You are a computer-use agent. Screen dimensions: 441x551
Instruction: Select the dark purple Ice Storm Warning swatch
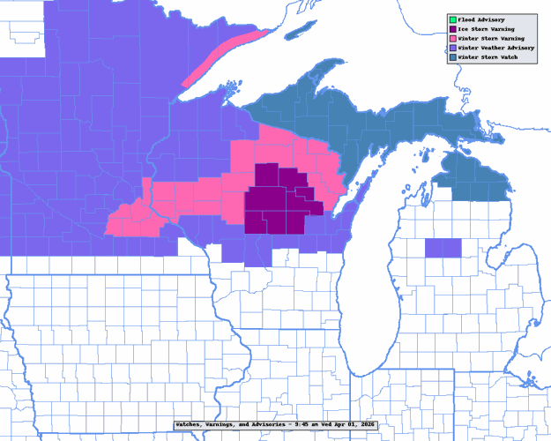[452, 29]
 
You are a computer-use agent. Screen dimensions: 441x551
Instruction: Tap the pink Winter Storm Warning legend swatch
[452, 39]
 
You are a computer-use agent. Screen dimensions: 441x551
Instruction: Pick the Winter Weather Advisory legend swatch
[452, 49]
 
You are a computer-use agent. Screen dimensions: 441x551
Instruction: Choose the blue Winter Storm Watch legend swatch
[452, 58]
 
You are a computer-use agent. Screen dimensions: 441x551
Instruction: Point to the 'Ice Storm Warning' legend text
[487, 29]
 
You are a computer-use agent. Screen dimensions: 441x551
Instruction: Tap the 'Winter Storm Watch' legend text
[488, 58]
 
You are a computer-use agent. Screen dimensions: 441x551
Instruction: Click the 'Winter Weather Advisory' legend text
[495, 49]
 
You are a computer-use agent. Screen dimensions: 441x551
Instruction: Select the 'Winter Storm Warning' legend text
[490, 39]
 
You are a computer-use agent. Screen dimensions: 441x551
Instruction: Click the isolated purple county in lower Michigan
[443, 248]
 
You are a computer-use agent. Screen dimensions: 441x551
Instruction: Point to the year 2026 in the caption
[364, 424]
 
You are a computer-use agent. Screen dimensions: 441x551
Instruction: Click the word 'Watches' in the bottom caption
[191, 424]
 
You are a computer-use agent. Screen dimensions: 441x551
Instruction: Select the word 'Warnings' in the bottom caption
[225, 424]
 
